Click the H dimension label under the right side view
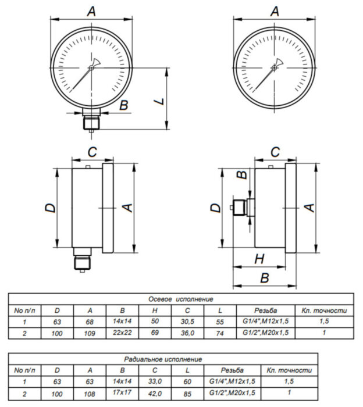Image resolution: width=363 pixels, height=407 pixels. tap(259, 259)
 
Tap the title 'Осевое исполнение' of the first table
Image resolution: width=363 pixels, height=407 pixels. tap(181, 299)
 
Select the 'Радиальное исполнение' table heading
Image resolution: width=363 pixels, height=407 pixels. tap(163, 359)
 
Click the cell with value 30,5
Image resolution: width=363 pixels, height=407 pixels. tap(187, 322)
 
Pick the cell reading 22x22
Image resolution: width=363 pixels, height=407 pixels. tap(122, 333)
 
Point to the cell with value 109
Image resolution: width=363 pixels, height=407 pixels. tap(90, 333)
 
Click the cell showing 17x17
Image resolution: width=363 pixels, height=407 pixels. tap(122, 392)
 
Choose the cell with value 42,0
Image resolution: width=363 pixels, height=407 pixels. tap(155, 394)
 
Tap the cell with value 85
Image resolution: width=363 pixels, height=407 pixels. tap(187, 394)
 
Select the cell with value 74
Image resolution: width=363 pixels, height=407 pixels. tap(220, 333)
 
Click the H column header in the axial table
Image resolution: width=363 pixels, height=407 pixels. tap(155, 310)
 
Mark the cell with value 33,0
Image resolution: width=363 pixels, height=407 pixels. tap(155, 381)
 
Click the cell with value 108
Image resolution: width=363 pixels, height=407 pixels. tap(90, 394)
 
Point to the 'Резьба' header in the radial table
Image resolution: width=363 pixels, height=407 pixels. tap(232, 370)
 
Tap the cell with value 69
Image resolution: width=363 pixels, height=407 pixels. tap(155, 333)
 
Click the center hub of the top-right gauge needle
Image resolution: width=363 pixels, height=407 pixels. tap(274, 68)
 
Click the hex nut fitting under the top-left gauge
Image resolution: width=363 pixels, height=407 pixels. tap(91, 123)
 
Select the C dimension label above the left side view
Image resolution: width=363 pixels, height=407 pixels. tap(92, 152)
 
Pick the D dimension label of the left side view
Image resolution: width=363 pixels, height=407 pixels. tap(51, 208)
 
